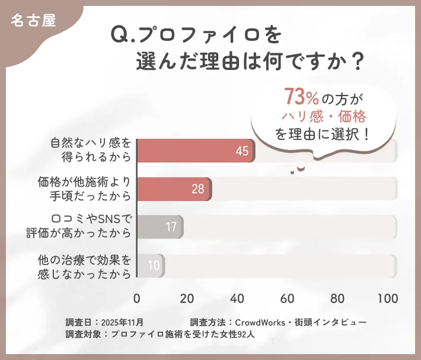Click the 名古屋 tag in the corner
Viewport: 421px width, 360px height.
33,20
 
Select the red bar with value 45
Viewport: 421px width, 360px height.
196,151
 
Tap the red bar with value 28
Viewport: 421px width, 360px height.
174,189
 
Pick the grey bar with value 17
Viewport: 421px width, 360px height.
160,227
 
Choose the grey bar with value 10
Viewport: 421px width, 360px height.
151,265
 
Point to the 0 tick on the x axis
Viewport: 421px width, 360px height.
137,298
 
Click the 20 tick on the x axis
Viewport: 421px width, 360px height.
187,298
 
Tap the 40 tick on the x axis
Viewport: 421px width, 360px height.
237,298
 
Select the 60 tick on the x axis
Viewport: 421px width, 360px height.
288,298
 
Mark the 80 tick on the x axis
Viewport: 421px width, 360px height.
338,298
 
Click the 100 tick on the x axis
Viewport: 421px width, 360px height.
387,298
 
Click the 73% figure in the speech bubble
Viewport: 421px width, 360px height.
299,96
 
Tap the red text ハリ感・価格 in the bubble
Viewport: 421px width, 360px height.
323,115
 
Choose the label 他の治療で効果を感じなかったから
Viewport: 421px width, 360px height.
84,265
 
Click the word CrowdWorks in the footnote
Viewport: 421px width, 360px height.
261,322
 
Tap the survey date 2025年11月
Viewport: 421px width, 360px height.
123,322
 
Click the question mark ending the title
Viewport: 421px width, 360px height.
357,61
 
